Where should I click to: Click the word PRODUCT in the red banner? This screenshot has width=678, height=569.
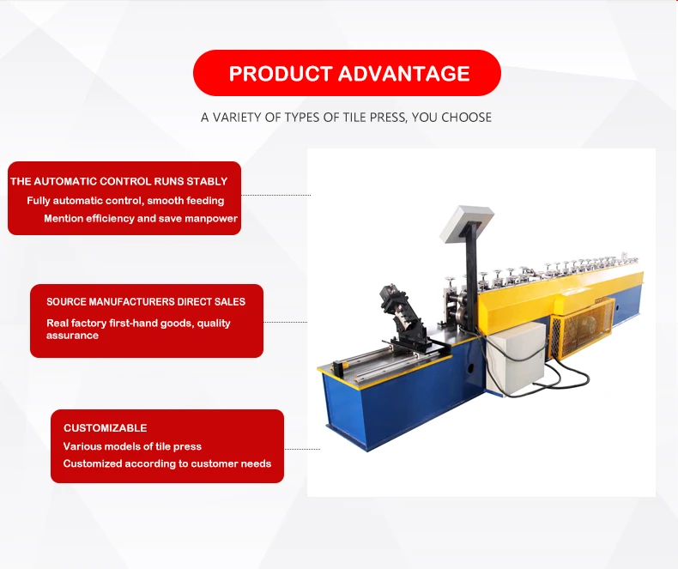tap(280, 74)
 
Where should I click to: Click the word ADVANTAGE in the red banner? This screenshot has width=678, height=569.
tap(404, 74)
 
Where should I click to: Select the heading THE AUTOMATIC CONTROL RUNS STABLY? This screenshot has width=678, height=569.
tap(119, 181)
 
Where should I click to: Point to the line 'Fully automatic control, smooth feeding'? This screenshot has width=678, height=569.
tap(125, 201)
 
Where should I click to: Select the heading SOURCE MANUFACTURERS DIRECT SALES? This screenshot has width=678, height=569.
tap(146, 302)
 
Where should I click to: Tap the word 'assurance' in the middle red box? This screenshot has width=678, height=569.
tap(72, 336)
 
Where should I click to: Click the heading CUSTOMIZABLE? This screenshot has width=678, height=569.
tap(105, 428)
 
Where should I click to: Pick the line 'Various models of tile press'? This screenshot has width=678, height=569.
tap(132, 446)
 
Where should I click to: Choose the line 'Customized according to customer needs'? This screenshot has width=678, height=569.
tap(166, 463)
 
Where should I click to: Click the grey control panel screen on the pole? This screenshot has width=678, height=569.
tap(467, 224)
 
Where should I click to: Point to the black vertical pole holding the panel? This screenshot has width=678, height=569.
tap(471, 268)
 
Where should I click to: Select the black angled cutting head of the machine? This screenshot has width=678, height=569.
tap(402, 316)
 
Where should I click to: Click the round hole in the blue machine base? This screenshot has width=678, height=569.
tap(470, 368)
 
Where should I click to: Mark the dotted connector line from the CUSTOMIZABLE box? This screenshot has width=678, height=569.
tap(302, 449)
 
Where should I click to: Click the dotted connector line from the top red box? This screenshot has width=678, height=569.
tap(275, 195)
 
